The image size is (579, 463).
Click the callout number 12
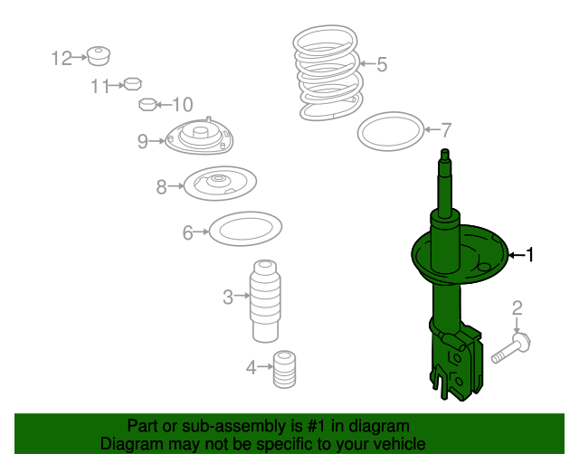62,58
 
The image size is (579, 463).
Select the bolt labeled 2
511,348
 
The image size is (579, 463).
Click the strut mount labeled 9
199,136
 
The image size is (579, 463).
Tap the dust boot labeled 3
265,301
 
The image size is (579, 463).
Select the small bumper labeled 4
284,369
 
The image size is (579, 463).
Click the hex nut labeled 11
133,84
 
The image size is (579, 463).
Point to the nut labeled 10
148,105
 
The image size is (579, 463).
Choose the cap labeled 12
99,56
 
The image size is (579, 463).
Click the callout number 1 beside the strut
530,255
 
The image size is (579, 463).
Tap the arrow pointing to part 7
432,129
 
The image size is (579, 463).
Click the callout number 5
382,64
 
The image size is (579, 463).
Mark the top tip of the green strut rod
445,149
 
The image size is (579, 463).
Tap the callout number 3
228,297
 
